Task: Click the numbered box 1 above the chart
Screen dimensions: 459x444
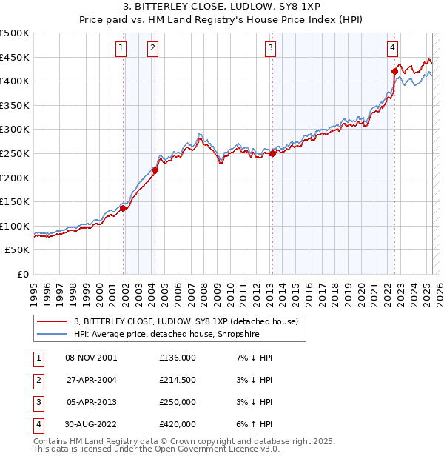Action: point(121,48)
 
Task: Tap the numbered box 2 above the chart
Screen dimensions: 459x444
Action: point(152,48)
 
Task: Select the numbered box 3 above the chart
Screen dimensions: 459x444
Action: point(271,48)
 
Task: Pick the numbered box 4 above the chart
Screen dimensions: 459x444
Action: point(392,48)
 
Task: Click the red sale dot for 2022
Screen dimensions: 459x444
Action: point(394,71)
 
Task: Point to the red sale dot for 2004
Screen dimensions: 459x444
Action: point(155,170)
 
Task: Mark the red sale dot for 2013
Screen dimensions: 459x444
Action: point(272,153)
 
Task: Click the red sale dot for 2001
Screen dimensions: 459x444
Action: point(124,208)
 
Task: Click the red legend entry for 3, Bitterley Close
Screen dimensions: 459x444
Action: point(185,321)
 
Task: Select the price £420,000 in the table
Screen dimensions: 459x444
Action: point(178,424)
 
